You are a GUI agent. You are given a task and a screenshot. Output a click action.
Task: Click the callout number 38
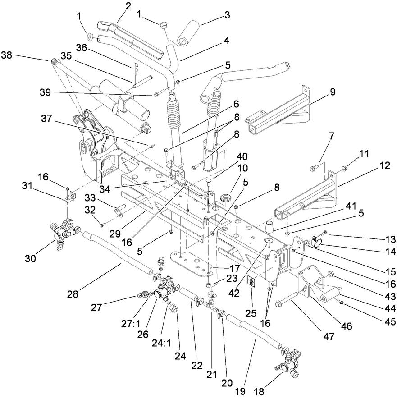pyautogui.click(x=7, y=55)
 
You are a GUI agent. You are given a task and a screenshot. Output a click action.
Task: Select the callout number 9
pyautogui.click(x=333, y=92)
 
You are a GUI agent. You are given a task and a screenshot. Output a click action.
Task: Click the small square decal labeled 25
pyautogui.click(x=252, y=283)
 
